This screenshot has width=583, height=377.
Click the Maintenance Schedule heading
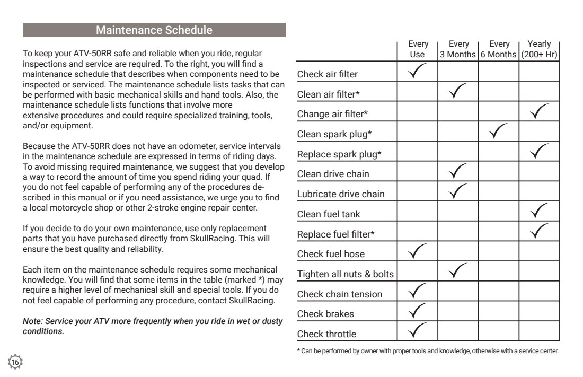tap(154, 30)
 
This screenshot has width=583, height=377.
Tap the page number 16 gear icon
tap(16, 362)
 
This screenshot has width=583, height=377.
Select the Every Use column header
tap(418, 49)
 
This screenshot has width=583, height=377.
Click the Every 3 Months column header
tap(458, 49)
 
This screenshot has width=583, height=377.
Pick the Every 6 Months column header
tap(498, 49)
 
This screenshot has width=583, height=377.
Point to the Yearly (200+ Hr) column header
tap(539, 49)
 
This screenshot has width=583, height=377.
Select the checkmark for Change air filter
tap(539, 112)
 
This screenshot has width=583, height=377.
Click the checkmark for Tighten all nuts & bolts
tap(458, 273)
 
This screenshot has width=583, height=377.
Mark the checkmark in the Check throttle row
tap(419, 332)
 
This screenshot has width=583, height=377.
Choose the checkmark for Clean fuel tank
tap(539, 212)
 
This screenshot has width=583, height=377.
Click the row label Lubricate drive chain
tap(341, 194)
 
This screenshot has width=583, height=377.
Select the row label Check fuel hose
tap(331, 254)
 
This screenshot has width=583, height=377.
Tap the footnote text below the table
tap(427, 350)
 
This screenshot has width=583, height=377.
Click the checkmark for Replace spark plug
tap(539, 152)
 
